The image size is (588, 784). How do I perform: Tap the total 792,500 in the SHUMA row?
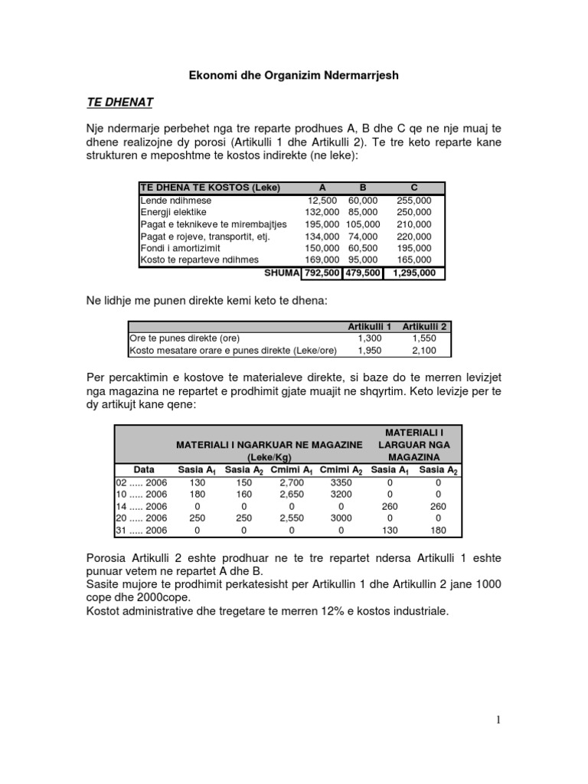click(322, 273)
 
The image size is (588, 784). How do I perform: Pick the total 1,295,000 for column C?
click(414, 273)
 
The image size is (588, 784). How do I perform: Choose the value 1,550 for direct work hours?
click(423, 338)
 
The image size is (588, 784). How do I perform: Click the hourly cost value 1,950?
click(370, 351)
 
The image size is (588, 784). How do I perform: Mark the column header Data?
click(144, 469)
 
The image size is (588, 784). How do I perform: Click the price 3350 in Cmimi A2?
click(340, 482)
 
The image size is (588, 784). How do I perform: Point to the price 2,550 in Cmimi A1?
click(292, 518)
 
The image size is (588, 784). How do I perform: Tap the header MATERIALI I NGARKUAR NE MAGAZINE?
click(269, 445)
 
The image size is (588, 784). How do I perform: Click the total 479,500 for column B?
click(363, 273)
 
